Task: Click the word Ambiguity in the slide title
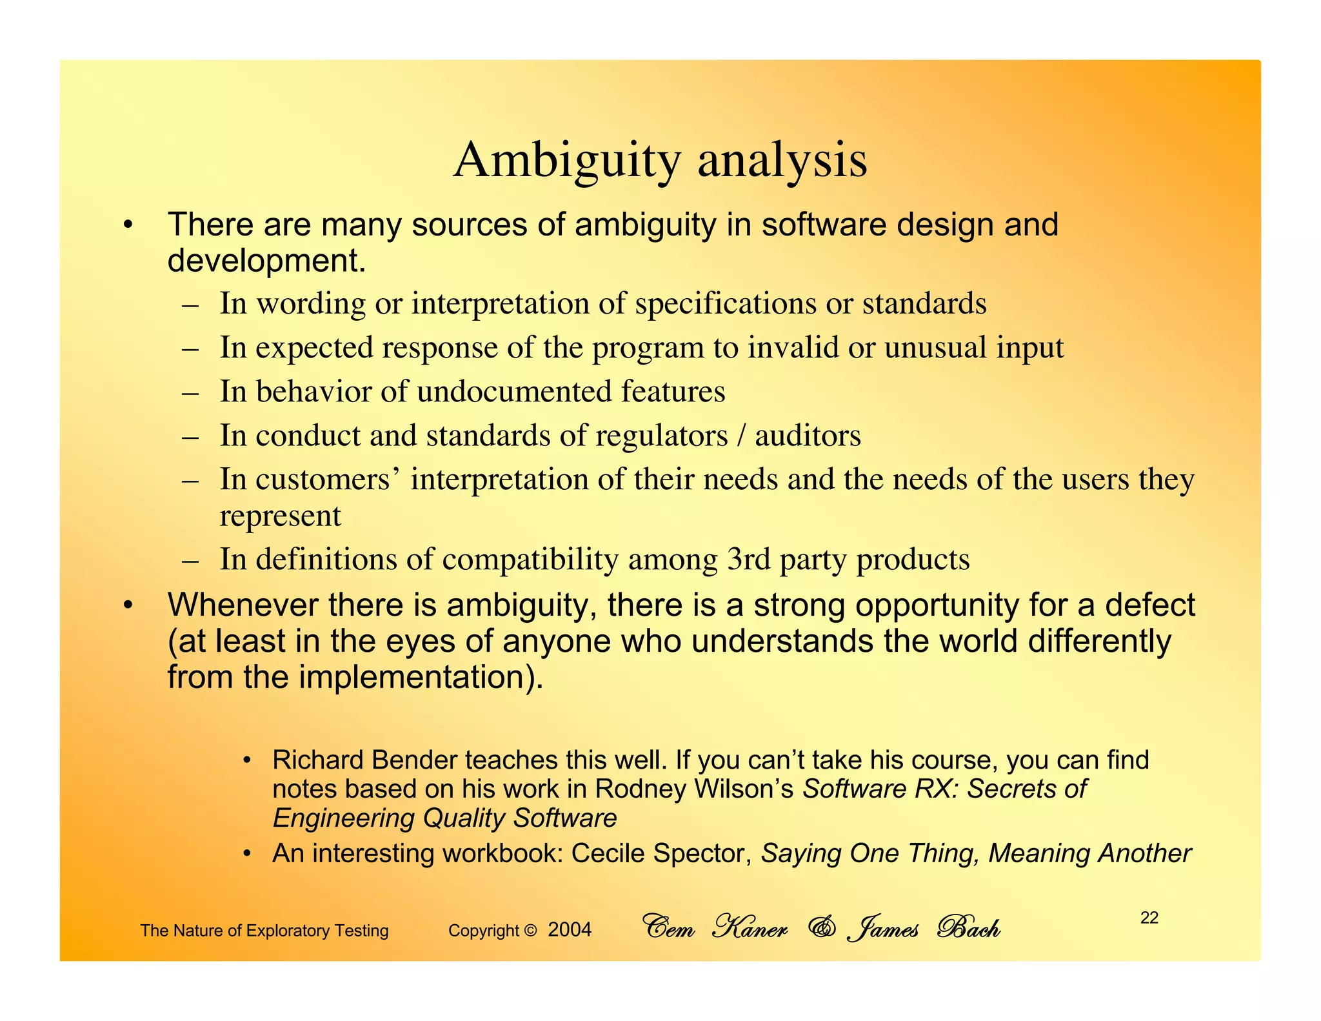point(567,161)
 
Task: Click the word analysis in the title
point(782,161)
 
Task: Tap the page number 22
point(1149,918)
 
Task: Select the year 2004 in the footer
point(570,930)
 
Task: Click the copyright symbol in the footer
point(530,931)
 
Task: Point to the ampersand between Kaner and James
point(821,928)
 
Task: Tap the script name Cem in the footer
point(669,928)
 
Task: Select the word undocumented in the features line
point(514,392)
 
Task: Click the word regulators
point(661,436)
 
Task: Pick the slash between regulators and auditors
point(741,436)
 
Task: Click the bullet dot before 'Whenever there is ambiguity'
point(128,605)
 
